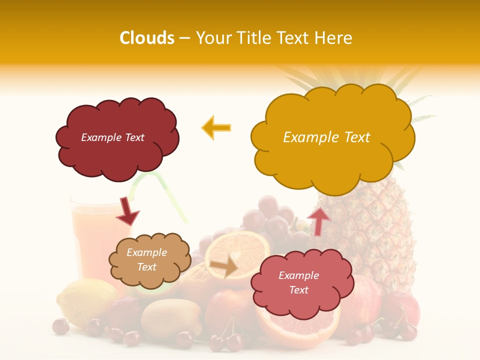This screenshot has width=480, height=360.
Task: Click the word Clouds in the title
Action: [146, 38]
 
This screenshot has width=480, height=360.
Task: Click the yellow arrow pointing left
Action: [216, 127]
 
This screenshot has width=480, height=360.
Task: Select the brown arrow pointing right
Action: [224, 267]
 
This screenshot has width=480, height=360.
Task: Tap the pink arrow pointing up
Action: [318, 220]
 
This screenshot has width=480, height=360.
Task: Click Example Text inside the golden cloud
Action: [326, 137]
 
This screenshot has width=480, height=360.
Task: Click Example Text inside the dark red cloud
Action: [112, 137]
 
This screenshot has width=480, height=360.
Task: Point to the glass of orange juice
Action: [90, 240]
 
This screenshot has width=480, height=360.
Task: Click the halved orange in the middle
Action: [237, 250]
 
